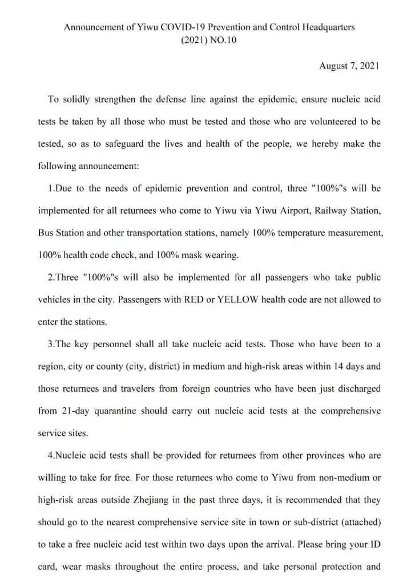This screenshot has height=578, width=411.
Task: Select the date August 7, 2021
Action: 349,66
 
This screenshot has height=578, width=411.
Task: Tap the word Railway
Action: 317,210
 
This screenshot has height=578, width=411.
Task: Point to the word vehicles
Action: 55,299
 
